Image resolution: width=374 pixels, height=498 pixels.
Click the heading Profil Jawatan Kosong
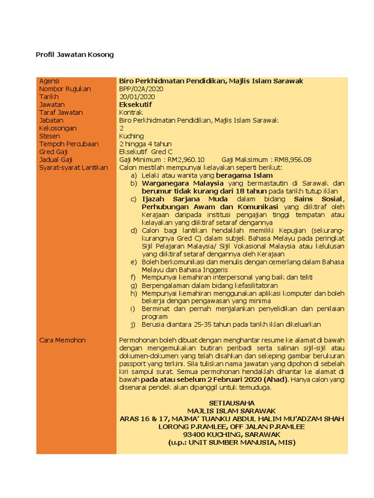point(75,54)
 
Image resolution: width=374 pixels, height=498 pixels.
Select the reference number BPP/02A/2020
point(141,89)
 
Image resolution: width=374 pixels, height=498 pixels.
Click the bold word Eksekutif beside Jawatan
point(135,105)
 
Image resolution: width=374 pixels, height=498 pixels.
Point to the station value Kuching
point(131,136)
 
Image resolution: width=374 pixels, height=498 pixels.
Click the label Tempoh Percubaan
point(69,144)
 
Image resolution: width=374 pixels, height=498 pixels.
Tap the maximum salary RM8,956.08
point(293,160)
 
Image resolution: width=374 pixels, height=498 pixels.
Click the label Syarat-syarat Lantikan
point(74,168)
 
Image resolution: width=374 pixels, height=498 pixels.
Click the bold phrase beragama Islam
point(244,176)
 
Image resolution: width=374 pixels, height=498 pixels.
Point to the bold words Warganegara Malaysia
point(183,183)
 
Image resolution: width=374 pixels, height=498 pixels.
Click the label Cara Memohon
point(62,340)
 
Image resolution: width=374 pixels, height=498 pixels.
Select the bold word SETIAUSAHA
point(231,403)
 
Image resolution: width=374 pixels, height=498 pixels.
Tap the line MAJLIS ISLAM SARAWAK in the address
point(231,411)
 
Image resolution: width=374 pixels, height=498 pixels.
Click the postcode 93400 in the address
point(193,434)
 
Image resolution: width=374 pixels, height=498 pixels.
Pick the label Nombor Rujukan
point(65,89)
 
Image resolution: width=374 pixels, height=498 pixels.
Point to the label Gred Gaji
point(53,152)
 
